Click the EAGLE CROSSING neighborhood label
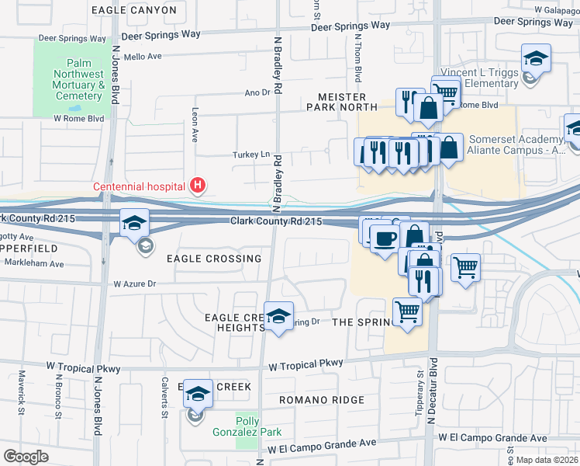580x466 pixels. (212, 259)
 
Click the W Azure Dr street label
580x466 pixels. (136, 285)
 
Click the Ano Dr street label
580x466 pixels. (255, 92)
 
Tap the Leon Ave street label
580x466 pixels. (195, 124)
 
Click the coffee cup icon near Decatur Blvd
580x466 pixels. (384, 239)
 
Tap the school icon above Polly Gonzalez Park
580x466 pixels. (198, 395)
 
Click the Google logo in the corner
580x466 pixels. (26, 456)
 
